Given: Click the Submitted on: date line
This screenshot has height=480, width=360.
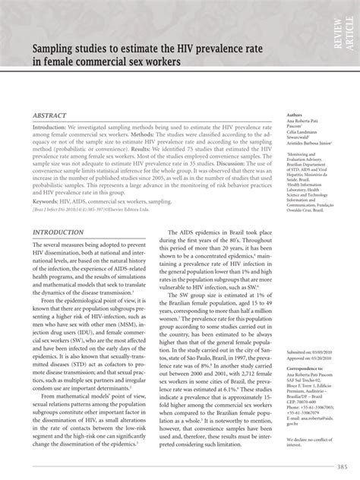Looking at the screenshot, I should [x=310, y=353].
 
